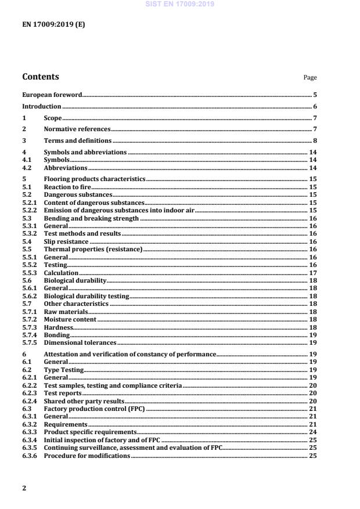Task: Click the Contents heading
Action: tap(40, 77)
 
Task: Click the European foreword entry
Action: tap(52, 94)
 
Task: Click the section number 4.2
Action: tap(28, 168)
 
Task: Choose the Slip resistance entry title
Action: tap(66, 241)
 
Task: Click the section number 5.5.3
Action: tap(30, 272)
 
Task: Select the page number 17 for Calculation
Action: tap(312, 272)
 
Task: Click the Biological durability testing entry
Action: tap(87, 295)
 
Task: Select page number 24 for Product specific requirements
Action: tap(312, 432)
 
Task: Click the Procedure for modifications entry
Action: tap(87, 456)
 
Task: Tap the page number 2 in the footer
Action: tap(24, 488)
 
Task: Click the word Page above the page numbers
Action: tap(310, 78)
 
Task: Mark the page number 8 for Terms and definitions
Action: tap(314, 140)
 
